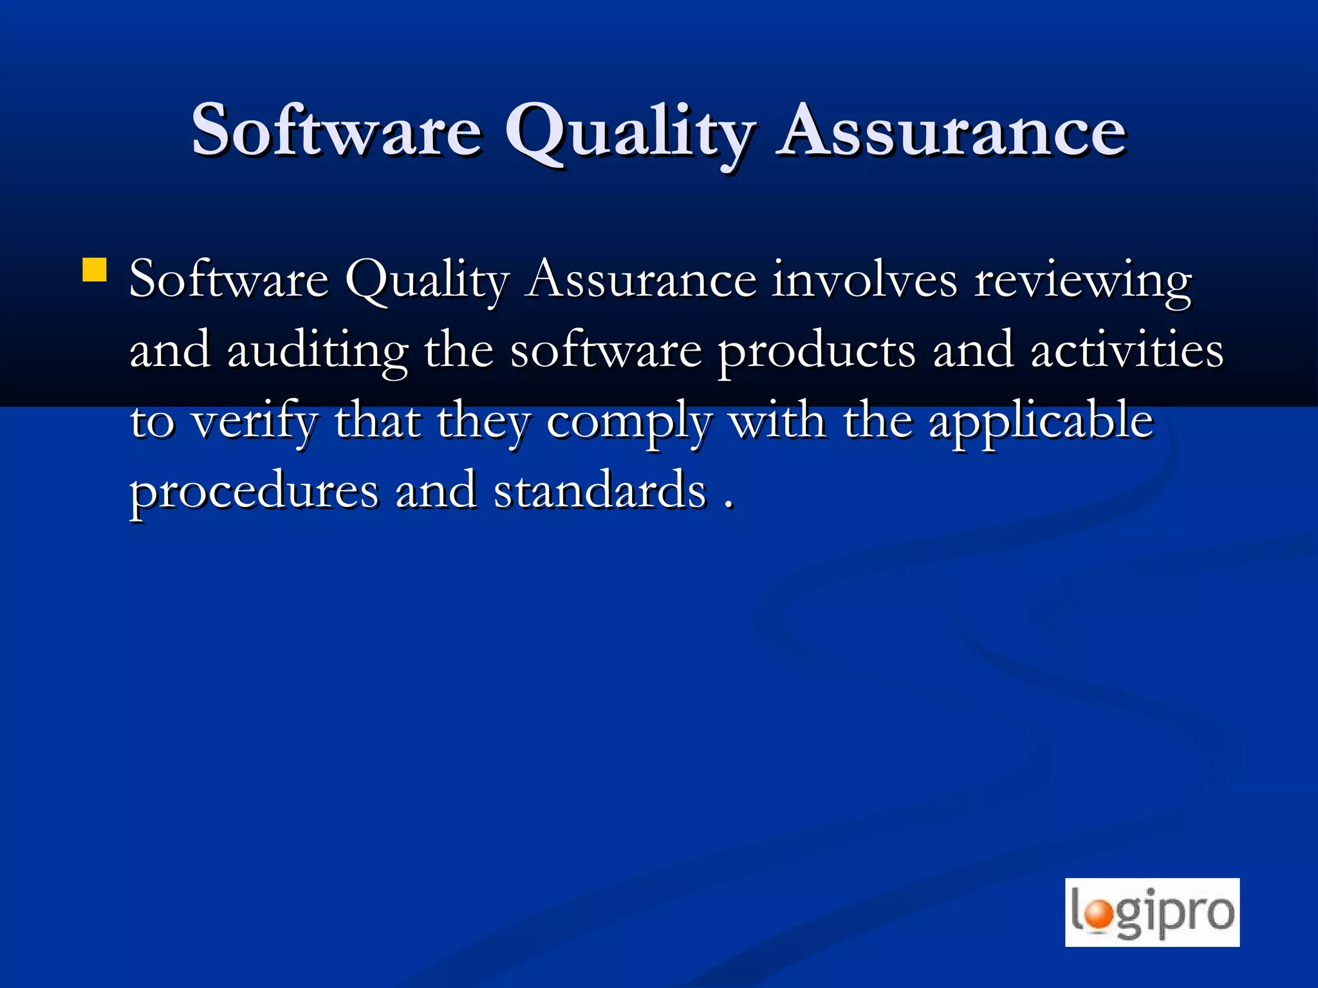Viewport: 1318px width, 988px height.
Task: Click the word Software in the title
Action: click(337, 131)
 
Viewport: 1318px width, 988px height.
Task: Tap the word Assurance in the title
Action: click(951, 131)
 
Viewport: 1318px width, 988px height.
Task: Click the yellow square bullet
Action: click(95, 270)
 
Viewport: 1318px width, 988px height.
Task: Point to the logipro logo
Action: click(1152, 912)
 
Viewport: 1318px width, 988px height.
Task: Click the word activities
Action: click(1127, 351)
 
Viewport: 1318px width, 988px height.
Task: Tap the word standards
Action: click(600, 491)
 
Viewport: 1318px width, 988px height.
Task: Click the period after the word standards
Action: click(729, 506)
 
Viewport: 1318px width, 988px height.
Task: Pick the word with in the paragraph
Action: click(777, 422)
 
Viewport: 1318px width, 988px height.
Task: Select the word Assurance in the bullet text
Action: click(640, 281)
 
